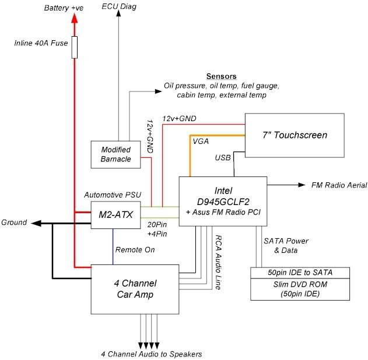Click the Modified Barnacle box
pos(115,154)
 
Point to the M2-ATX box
pos(113,215)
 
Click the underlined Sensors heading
pos(221,77)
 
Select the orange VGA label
pos(200,140)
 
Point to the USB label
pos(223,158)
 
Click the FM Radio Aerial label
pos(339,185)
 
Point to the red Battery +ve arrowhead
pos(74,19)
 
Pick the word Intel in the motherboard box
pos(223,191)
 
